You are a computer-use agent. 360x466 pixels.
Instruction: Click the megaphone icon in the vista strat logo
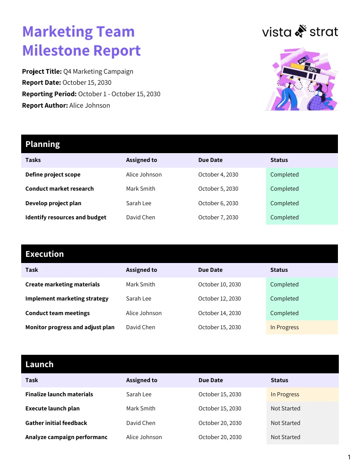(x=300, y=31)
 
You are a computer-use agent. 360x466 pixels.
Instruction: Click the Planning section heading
(x=42, y=144)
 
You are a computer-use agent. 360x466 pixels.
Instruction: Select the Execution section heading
(x=45, y=254)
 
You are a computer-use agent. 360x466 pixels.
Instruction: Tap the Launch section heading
(x=39, y=365)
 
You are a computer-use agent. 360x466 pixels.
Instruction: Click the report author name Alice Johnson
(x=90, y=105)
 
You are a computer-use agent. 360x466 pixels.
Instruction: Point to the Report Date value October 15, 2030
(x=87, y=83)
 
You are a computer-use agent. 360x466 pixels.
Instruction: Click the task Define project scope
(x=53, y=175)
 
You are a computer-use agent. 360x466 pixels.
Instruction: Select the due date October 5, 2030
(x=218, y=189)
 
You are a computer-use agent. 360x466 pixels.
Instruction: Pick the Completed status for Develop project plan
(x=285, y=203)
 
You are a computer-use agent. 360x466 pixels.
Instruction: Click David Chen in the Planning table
(x=140, y=218)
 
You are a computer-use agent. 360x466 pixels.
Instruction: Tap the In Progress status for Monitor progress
(x=285, y=327)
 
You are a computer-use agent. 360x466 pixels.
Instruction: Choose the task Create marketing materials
(x=63, y=285)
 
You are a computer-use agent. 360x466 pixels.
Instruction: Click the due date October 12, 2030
(x=219, y=299)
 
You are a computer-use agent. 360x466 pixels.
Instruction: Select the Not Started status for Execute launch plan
(x=285, y=409)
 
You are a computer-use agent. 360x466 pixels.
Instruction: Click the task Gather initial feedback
(x=56, y=423)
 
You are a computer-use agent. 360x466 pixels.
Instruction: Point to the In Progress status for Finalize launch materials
(x=285, y=395)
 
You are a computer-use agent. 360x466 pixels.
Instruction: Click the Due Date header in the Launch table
(x=210, y=380)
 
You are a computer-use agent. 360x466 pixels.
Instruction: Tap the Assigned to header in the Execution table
(x=141, y=270)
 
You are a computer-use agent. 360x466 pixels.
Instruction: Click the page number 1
(x=349, y=457)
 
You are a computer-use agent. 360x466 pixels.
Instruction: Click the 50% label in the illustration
(x=312, y=70)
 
